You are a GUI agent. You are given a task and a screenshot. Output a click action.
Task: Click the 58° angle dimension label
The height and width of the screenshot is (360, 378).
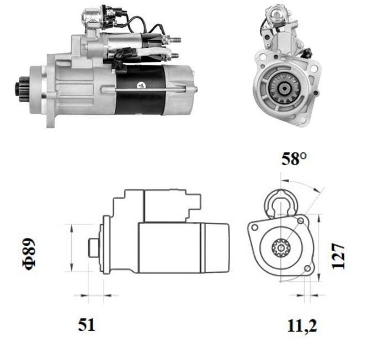click(x=294, y=158)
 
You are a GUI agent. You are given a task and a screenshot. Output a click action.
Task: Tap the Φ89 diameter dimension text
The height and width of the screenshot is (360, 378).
click(x=29, y=254)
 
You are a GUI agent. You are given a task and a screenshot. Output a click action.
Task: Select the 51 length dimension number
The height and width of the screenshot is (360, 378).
click(x=87, y=325)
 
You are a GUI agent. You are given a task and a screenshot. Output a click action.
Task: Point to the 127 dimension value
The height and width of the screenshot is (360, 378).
click(x=338, y=256)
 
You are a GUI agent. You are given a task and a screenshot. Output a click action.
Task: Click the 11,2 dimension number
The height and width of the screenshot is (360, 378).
click(x=302, y=326)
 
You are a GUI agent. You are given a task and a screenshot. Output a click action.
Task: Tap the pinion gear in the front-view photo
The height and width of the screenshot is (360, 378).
click(x=284, y=88)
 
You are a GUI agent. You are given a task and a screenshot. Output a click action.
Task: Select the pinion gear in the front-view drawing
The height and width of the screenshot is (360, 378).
click(x=281, y=247)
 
